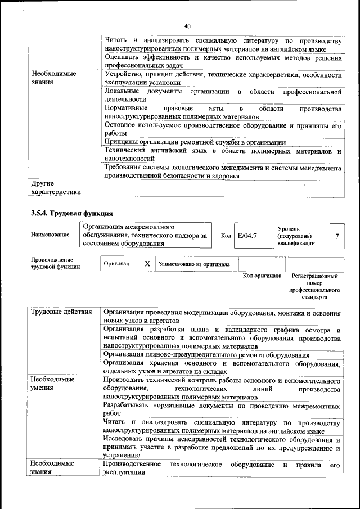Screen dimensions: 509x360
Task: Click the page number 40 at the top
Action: coord(187,25)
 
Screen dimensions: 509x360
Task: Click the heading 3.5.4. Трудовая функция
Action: coord(72,214)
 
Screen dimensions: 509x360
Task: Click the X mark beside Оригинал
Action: coord(147,264)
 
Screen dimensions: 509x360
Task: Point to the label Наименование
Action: coord(50,236)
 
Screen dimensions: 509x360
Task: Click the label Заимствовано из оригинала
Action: coord(194,264)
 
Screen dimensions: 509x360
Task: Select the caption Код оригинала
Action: coord(262,276)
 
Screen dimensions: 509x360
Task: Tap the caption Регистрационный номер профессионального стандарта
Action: coord(314,286)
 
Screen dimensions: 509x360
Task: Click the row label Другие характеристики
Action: coord(56,188)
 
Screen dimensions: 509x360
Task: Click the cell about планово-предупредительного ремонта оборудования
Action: coord(206,355)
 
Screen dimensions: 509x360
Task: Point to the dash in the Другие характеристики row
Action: coord(105,184)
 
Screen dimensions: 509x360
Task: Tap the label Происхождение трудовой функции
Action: coord(52,263)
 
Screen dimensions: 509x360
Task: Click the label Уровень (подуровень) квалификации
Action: coord(296,236)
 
